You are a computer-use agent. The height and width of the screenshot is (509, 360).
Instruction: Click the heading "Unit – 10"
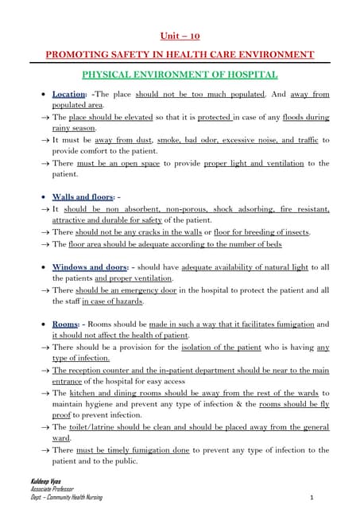[x=180, y=36]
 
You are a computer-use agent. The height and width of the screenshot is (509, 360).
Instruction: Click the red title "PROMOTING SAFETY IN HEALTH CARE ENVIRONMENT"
[x=180, y=54]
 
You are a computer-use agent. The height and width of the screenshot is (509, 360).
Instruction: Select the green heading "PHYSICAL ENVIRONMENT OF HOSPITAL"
[x=180, y=75]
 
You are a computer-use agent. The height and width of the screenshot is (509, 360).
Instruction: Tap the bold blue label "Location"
[x=68, y=95]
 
